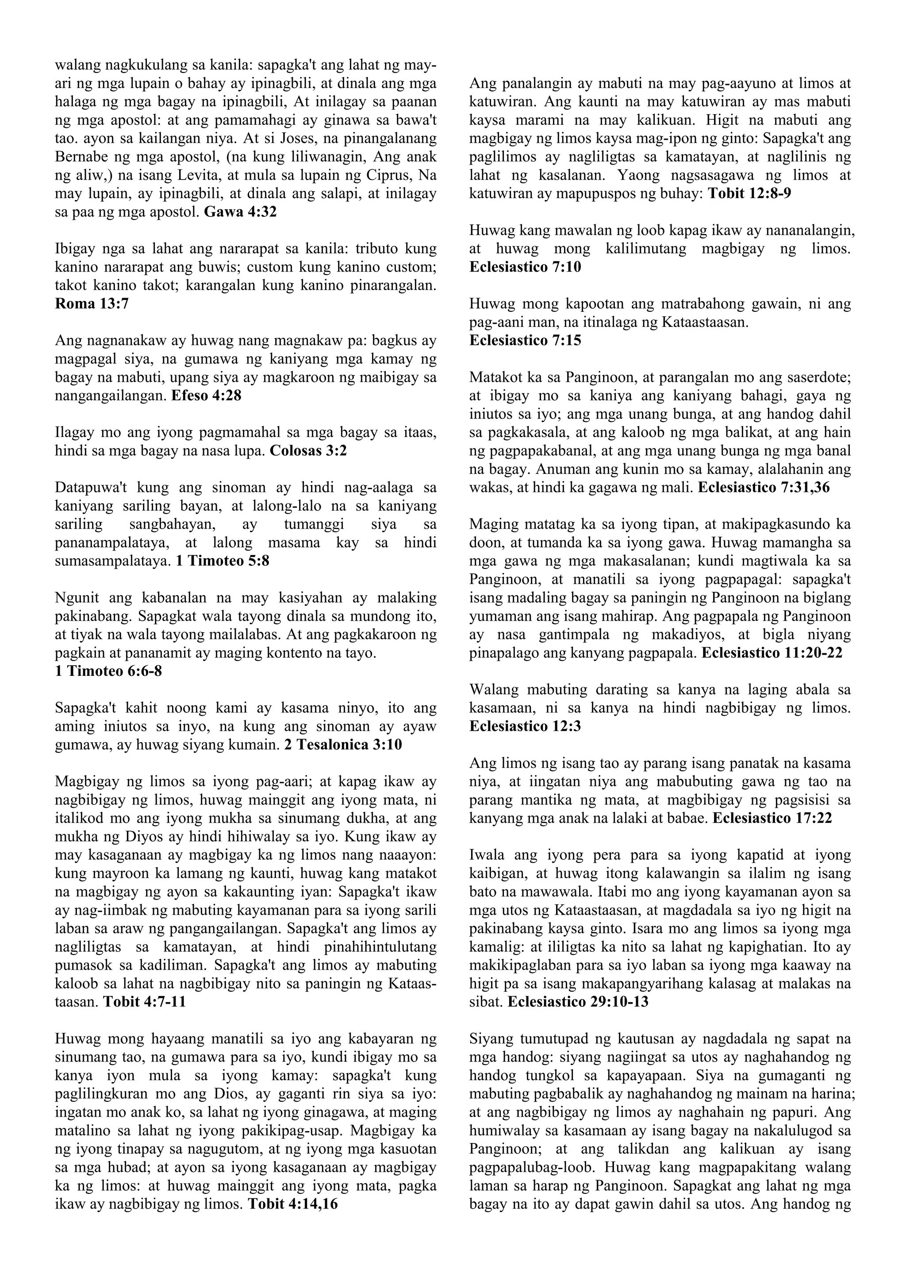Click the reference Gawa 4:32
coord(241,213)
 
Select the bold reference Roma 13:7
coord(92,304)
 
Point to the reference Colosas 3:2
coord(308,451)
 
